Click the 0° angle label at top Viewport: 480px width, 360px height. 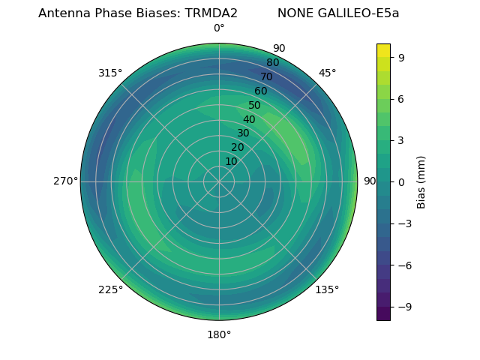tap(219, 28)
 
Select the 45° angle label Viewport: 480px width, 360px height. tap(327, 73)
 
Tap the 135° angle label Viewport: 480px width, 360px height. tap(327, 289)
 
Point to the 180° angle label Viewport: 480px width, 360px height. tap(219, 334)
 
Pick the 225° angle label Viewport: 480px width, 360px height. tap(110, 289)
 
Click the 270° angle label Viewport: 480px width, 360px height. tap(66, 181)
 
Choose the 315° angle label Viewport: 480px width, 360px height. tap(110, 73)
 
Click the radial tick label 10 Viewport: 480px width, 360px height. tap(231, 161)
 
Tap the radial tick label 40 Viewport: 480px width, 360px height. tap(249, 119)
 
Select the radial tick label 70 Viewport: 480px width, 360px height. tap(266, 76)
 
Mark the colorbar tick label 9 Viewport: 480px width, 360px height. tap(401, 56)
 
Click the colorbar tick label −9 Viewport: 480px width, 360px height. tap(404, 307)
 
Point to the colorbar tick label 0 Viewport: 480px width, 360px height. tap(401, 181)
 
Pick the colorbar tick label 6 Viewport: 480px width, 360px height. tap(401, 98)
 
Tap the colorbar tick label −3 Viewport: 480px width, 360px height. tap(404, 223)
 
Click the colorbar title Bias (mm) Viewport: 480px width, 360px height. tap(421, 181)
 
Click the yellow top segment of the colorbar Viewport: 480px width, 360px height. tap(383, 49)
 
